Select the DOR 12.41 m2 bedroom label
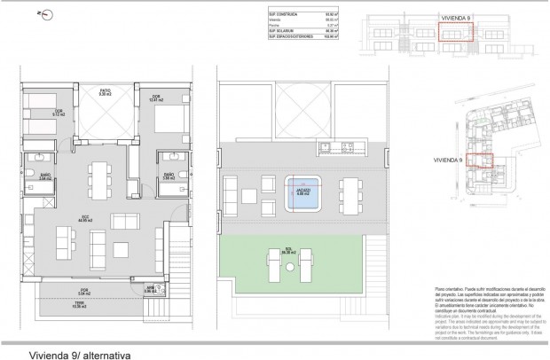coord(156,98)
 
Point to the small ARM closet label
coord(151,289)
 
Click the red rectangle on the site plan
coord(479,160)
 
